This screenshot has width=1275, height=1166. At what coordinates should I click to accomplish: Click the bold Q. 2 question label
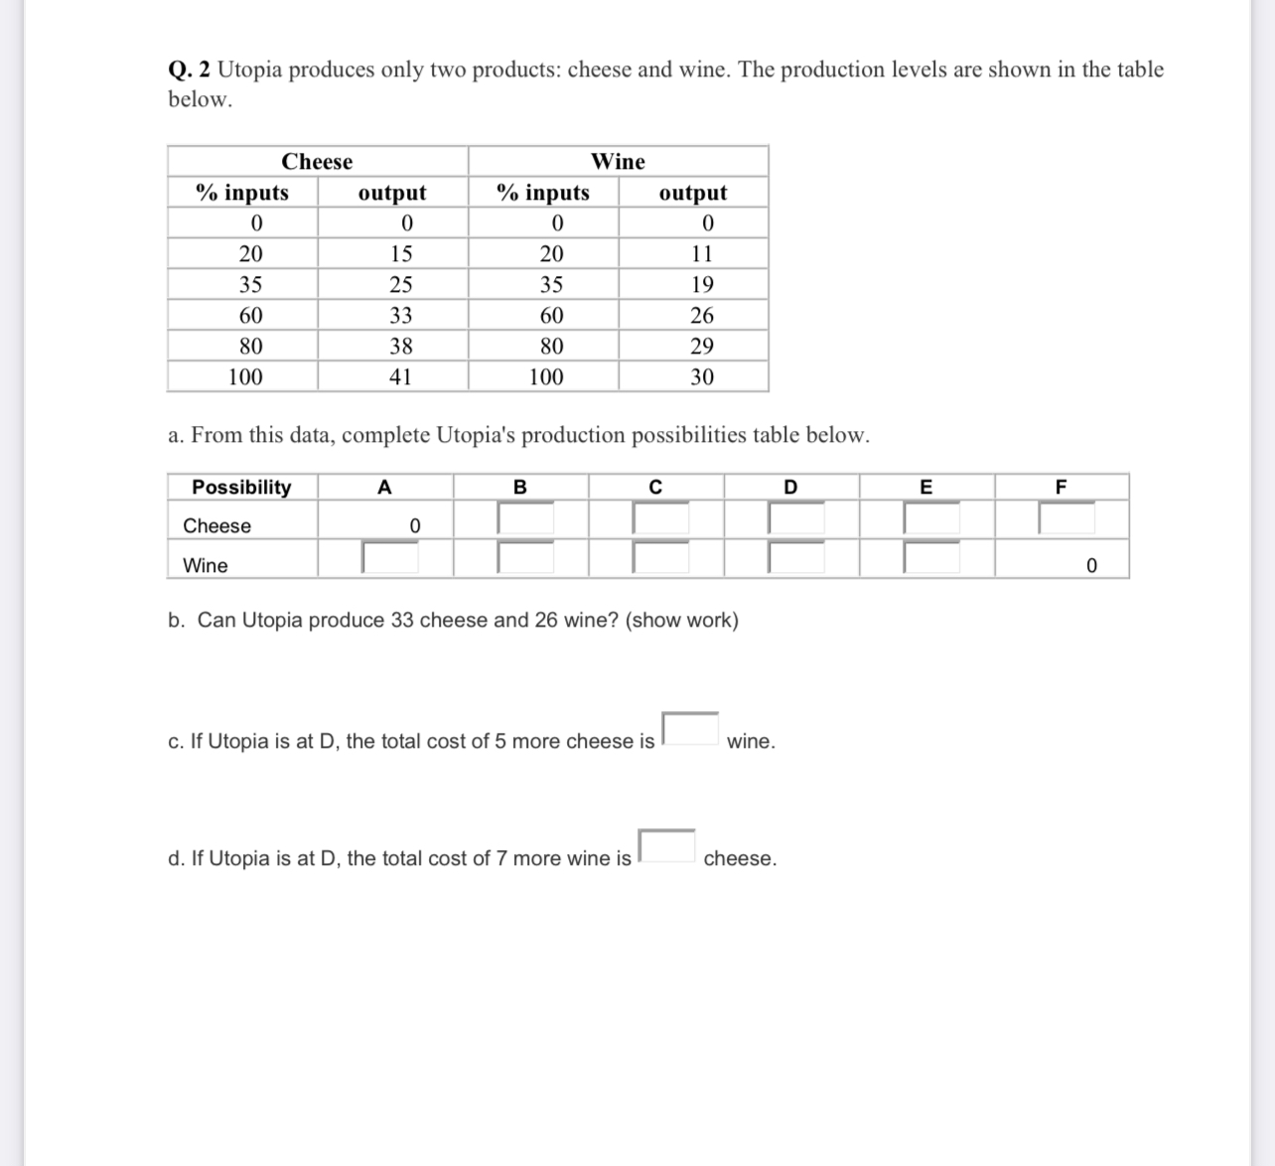click(x=189, y=71)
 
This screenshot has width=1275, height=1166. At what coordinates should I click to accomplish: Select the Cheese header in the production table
click(x=317, y=162)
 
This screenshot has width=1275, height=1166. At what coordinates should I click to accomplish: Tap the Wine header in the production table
click(x=618, y=162)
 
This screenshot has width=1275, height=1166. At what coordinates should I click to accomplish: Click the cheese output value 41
click(x=400, y=377)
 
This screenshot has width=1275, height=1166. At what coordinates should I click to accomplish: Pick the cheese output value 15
click(x=400, y=254)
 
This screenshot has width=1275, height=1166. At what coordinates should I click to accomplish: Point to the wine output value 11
click(x=701, y=254)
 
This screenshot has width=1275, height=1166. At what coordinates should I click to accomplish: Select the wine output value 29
click(x=701, y=347)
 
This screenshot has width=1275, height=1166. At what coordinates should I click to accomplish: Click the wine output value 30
click(x=701, y=377)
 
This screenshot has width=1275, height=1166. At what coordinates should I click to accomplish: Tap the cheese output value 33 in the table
click(x=400, y=316)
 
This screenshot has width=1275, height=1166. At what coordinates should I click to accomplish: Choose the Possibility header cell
click(x=241, y=488)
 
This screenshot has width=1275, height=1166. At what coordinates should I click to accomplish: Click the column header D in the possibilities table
click(x=790, y=488)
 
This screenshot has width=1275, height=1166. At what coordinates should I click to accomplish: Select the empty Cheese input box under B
click(x=525, y=518)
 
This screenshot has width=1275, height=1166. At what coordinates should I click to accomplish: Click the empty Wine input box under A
click(x=390, y=558)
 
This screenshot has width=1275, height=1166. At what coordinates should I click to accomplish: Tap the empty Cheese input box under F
click(x=1066, y=518)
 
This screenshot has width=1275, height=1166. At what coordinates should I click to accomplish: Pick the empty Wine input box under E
click(x=931, y=558)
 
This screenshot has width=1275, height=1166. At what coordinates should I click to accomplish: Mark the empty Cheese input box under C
click(x=660, y=518)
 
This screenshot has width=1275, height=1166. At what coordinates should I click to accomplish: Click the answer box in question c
click(x=690, y=729)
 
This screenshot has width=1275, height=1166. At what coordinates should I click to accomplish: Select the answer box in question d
click(x=666, y=846)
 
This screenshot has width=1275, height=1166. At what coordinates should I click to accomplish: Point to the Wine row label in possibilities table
click(x=206, y=566)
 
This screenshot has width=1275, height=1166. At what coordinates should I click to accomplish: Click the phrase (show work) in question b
click(x=682, y=621)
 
